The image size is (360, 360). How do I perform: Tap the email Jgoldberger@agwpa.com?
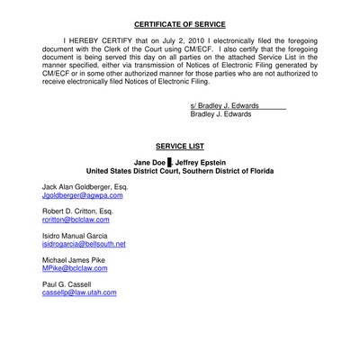point(82,195)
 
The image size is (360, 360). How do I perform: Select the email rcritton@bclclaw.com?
point(76,219)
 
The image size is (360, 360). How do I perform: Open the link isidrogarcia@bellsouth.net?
point(84,243)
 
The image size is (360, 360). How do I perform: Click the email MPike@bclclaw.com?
point(75,267)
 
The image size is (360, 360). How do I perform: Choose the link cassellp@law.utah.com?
point(79,292)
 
